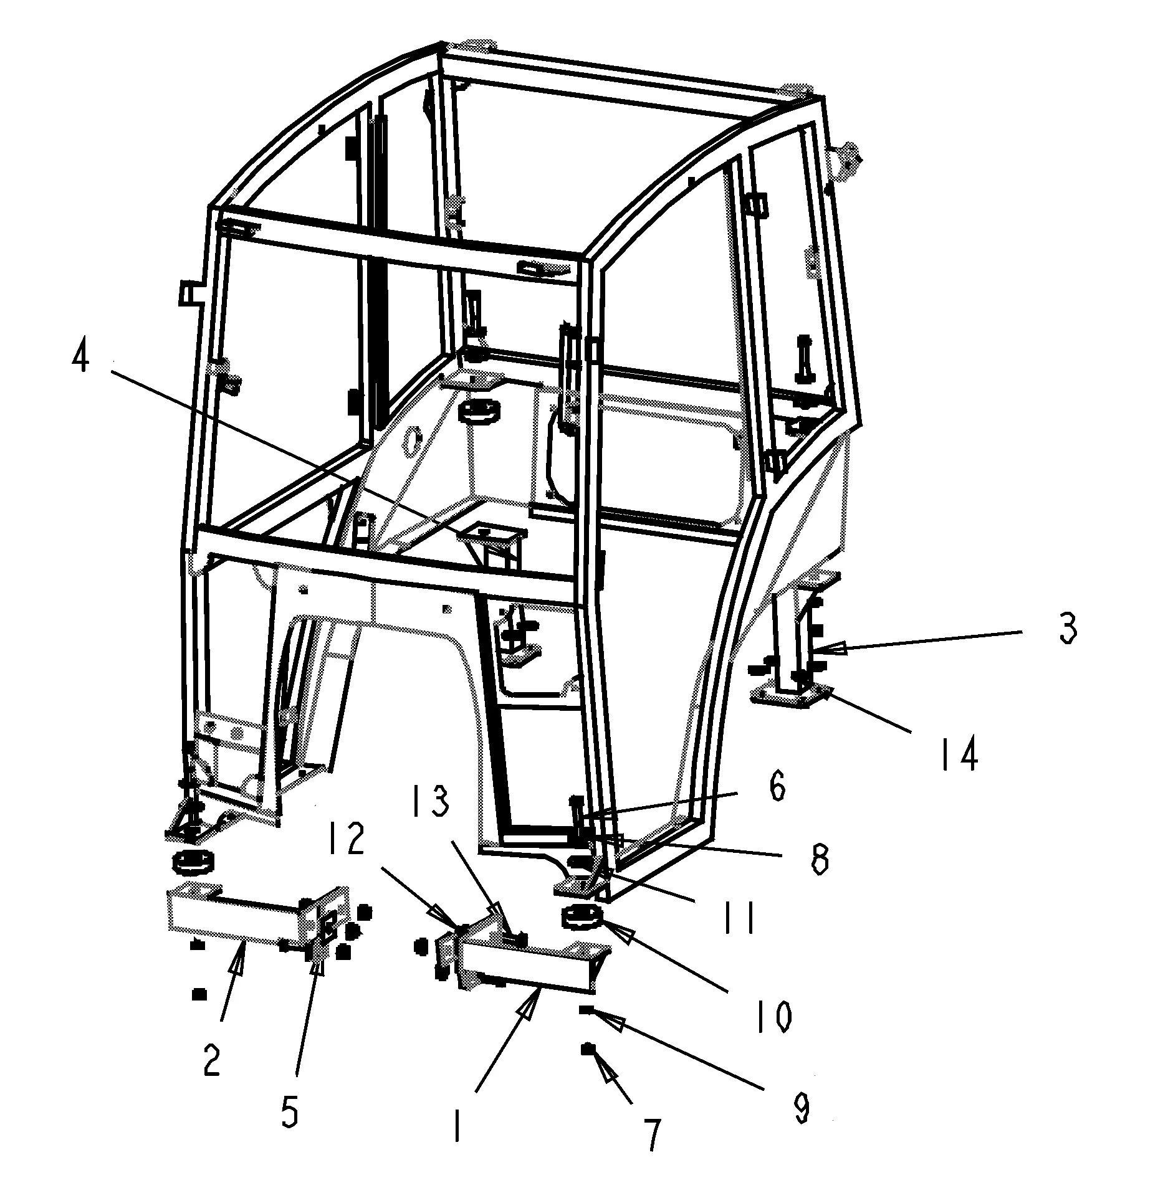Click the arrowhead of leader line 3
pyautogui.click(x=823, y=650)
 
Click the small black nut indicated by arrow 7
pyautogui.click(x=586, y=1049)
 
